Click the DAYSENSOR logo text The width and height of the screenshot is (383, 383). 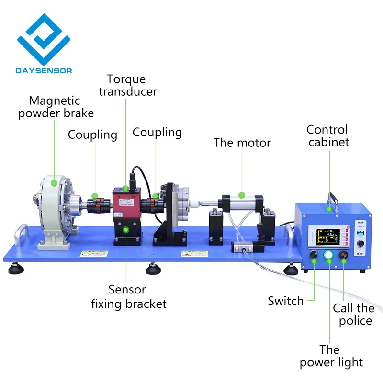(x=44, y=71)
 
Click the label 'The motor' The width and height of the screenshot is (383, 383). (x=242, y=143)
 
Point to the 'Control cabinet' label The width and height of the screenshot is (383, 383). (x=328, y=135)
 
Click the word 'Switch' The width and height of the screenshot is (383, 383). (x=285, y=301)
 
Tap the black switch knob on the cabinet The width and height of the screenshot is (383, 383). (x=314, y=255)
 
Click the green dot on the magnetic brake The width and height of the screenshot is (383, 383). (x=54, y=182)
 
